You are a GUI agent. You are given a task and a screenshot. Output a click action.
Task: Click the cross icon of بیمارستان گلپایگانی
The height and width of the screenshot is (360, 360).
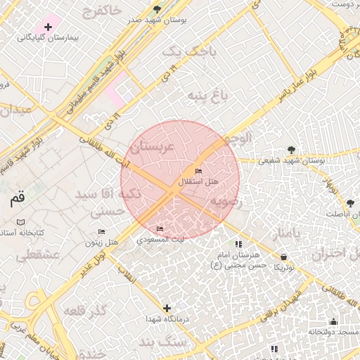pyautogui.click(x=47, y=27)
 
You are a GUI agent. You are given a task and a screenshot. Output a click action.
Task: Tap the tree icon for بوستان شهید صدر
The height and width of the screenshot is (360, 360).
pyautogui.click(x=156, y=10)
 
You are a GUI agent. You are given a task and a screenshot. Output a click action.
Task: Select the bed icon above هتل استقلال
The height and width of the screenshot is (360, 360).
pyautogui.click(x=198, y=172)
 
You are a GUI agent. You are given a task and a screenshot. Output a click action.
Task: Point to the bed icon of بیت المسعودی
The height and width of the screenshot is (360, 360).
pyautogui.click(x=160, y=229)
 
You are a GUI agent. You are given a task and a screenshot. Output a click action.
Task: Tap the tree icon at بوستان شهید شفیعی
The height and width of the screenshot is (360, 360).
pyautogui.click(x=291, y=150)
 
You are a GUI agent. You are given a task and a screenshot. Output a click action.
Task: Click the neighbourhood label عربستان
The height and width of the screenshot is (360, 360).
pyautogui.click(x=153, y=147)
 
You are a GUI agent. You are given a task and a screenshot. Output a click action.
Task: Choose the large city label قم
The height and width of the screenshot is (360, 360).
pyautogui.click(x=17, y=199)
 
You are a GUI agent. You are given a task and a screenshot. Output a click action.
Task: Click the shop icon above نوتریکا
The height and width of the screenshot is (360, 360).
pyautogui.click(x=283, y=257)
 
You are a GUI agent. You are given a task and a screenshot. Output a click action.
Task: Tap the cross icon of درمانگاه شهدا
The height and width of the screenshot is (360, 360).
pyautogui.click(x=167, y=308)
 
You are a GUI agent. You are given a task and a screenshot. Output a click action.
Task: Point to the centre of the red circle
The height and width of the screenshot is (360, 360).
pyautogui.click(x=180, y=180)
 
